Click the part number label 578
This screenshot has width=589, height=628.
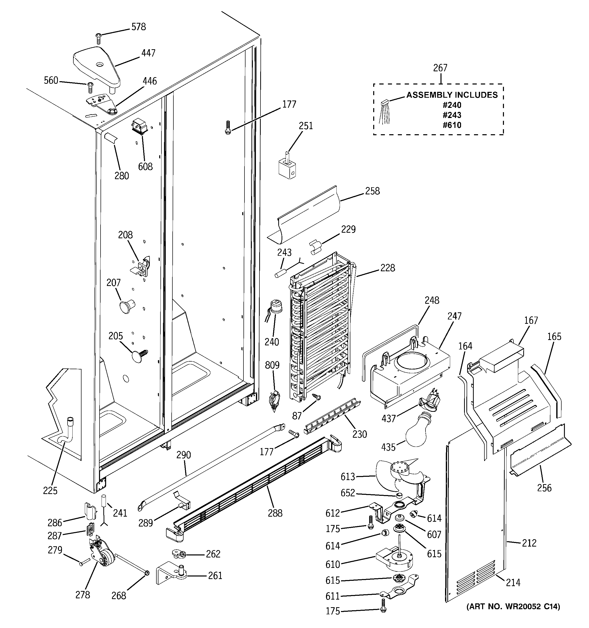pos(138,27)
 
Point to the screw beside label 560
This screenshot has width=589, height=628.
pos(90,86)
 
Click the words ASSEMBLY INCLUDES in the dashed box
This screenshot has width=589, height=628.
pos(452,95)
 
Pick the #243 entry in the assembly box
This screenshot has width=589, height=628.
pos(452,115)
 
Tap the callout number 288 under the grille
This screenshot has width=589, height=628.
pos(275,513)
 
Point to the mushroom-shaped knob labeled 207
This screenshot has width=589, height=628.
pos(125,306)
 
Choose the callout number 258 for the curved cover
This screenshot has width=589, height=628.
pos(372,191)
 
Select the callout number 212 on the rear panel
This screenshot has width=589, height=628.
pos(529,543)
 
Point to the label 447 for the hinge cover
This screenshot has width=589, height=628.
pos(148,53)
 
